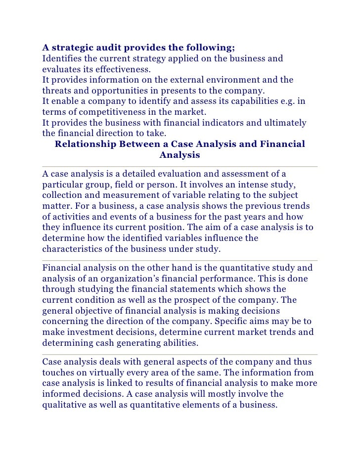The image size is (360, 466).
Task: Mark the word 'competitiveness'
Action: [x=96, y=112]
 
